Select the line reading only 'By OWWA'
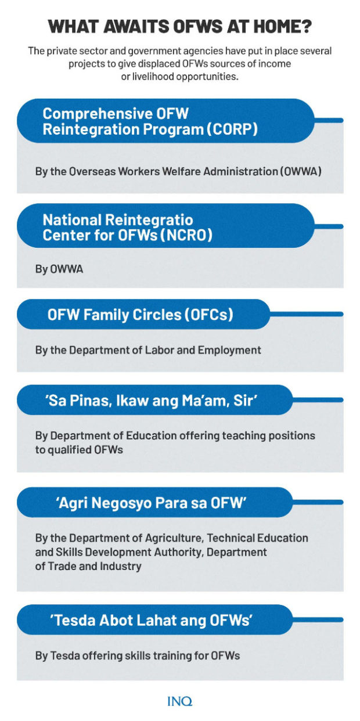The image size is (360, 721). click(x=59, y=269)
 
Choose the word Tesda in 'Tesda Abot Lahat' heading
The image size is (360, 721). click(x=74, y=621)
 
